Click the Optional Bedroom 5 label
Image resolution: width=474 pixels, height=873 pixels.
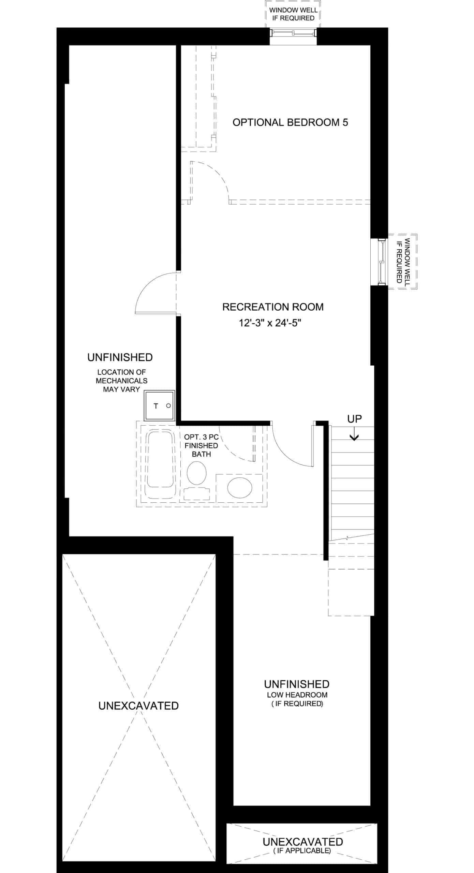[290, 122]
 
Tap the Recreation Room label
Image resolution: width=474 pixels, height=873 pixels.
[273, 307]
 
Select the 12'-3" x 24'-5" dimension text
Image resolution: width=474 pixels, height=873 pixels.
[270, 323]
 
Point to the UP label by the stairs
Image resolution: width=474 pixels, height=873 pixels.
[354, 419]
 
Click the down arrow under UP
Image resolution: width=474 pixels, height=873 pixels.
[354, 434]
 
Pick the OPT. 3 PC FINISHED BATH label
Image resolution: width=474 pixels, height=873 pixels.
[201, 445]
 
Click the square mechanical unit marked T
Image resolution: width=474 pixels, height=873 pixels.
[159, 405]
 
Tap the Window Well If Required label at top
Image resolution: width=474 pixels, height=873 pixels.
[293, 14]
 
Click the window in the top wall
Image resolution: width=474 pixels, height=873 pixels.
[293, 32]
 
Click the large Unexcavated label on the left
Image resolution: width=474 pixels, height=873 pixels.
[138, 706]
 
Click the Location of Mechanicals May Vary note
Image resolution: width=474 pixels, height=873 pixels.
[122, 381]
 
